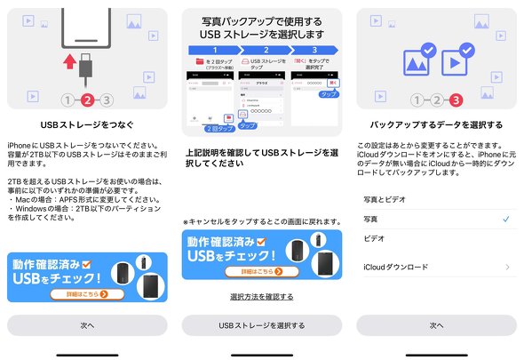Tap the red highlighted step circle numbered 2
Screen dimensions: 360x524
pyautogui.click(x=87, y=100)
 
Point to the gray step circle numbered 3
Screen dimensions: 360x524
pyautogui.click(x=107, y=100)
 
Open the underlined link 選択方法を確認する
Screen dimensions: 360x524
pyautogui.click(x=261, y=296)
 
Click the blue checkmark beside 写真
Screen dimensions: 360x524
pyautogui.click(x=505, y=219)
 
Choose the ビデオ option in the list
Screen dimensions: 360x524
pyautogui.click(x=375, y=238)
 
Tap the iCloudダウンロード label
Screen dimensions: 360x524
pyautogui.click(x=396, y=267)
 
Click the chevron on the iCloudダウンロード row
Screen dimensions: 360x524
pyautogui.click(x=507, y=267)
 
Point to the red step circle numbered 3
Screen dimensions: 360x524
pyautogui.click(x=457, y=100)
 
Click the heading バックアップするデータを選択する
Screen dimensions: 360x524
pyautogui.click(x=436, y=124)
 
